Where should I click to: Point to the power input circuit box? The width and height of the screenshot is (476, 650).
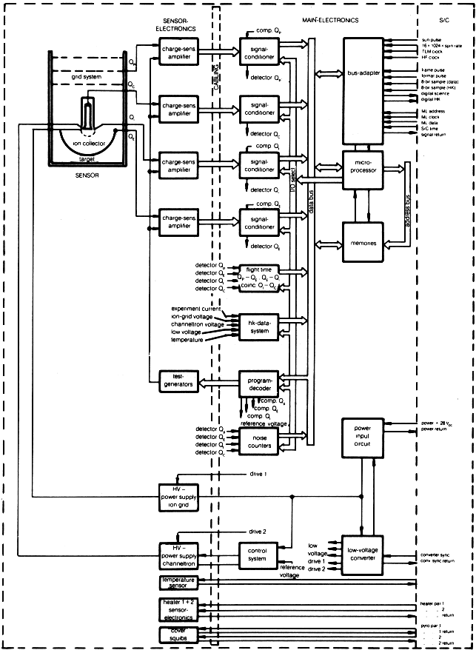point(363,438)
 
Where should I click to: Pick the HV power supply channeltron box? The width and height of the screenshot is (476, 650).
point(181,556)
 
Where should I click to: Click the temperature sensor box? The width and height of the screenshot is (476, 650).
point(181,583)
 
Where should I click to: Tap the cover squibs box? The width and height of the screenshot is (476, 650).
point(181,634)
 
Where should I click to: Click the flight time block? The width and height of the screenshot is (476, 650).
point(263,273)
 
